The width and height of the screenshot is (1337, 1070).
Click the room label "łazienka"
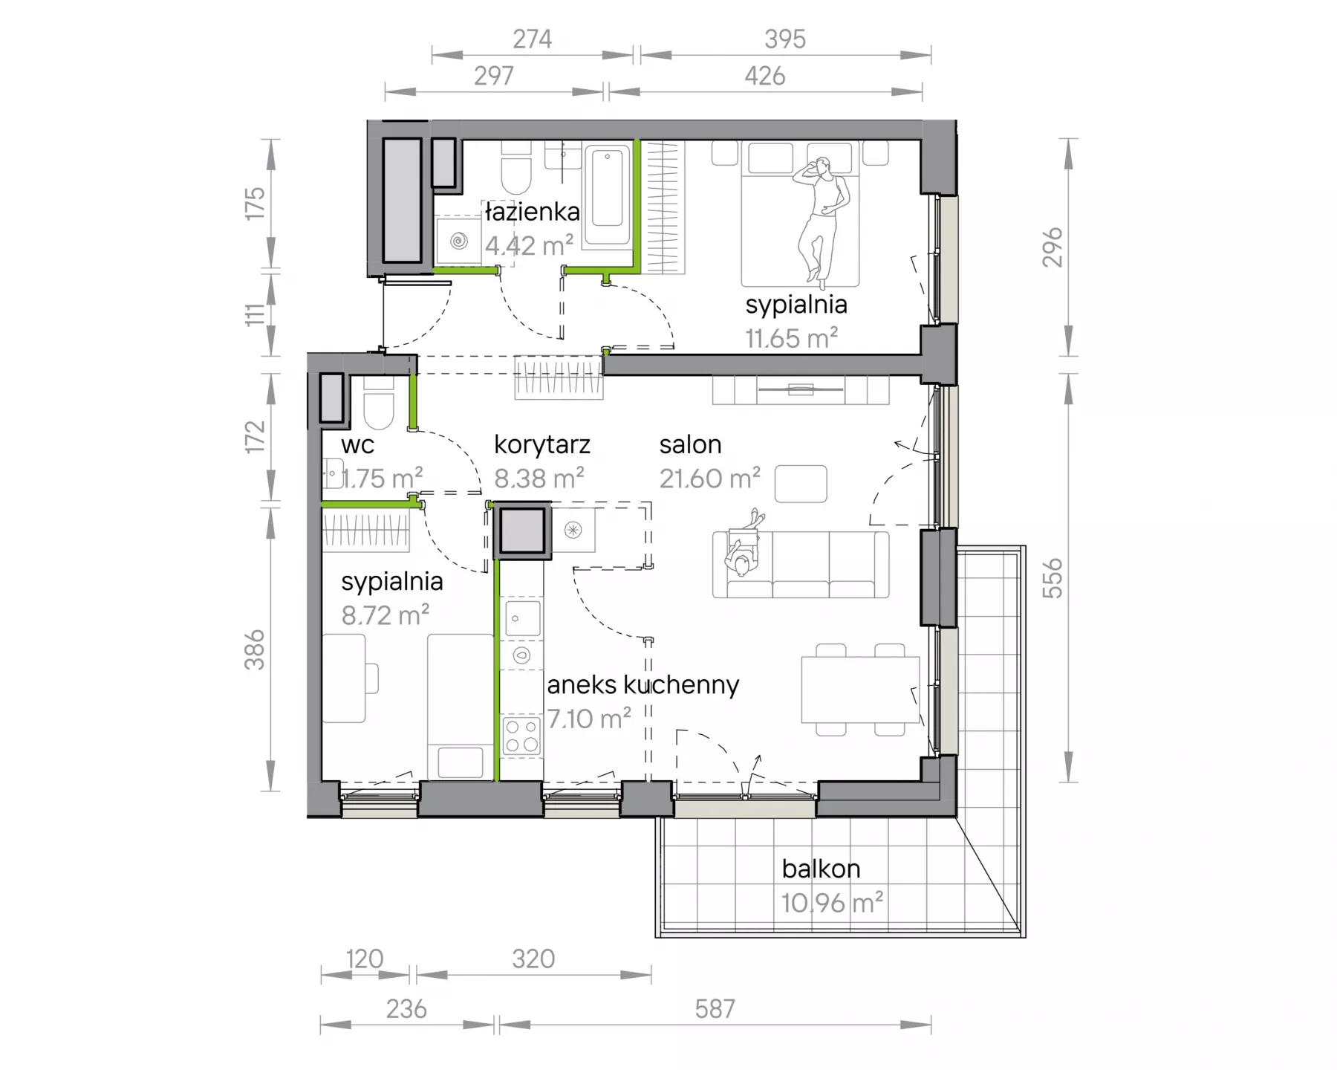(x=532, y=212)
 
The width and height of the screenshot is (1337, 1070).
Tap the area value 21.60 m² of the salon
(x=710, y=479)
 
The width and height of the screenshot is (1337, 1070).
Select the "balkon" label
(x=821, y=869)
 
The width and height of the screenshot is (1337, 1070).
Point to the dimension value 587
(x=715, y=1008)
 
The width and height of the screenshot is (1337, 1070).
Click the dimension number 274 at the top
(x=532, y=39)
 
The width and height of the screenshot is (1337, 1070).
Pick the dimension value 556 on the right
(x=1052, y=578)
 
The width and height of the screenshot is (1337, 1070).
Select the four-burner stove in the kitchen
(x=521, y=736)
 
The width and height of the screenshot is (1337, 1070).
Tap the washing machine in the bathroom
(x=459, y=240)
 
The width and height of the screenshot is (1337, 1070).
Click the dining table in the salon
(x=860, y=689)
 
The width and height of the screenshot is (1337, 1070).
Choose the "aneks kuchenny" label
(x=643, y=684)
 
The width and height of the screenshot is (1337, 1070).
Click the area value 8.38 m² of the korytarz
(x=539, y=479)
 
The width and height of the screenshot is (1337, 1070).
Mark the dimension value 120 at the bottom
(x=364, y=959)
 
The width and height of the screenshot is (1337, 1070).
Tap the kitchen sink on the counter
(x=523, y=617)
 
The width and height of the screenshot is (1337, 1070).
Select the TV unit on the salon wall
(x=801, y=390)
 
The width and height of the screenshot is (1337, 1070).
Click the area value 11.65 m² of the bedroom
(x=792, y=339)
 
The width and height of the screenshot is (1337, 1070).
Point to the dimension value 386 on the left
(x=255, y=649)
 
